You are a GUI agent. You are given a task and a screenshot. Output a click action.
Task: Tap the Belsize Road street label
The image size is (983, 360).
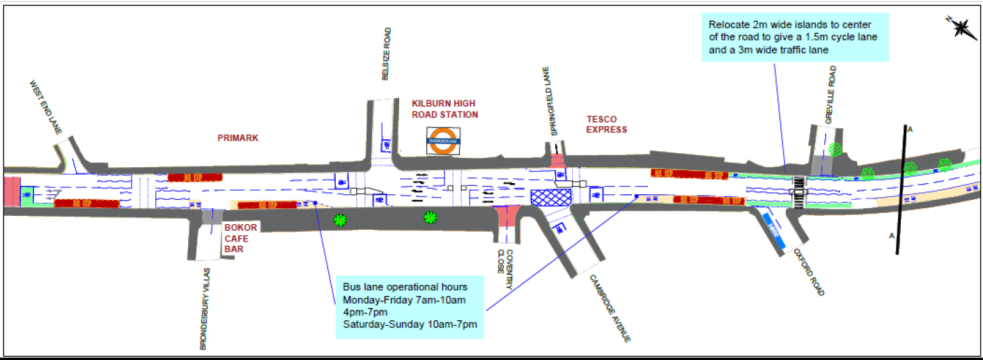(387, 54)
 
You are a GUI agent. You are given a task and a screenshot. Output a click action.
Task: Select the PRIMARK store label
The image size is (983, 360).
(239, 138)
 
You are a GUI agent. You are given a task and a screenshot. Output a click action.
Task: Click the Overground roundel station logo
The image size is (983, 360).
(444, 140)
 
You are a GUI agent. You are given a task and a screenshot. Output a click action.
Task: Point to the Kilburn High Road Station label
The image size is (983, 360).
(444, 109)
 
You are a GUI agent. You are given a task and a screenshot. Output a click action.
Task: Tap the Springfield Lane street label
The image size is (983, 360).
(555, 102)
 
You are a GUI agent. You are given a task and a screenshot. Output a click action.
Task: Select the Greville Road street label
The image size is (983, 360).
(831, 95)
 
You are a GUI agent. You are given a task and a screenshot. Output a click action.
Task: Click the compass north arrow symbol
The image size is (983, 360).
(961, 29)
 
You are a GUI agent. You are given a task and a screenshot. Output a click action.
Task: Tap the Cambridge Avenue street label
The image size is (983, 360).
(610, 307)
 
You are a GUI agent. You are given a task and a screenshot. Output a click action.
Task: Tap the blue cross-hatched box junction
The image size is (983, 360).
(550, 197)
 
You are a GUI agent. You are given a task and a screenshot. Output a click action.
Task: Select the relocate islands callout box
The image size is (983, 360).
(794, 38)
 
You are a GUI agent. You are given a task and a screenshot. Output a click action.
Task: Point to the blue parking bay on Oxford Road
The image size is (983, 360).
(773, 229)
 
